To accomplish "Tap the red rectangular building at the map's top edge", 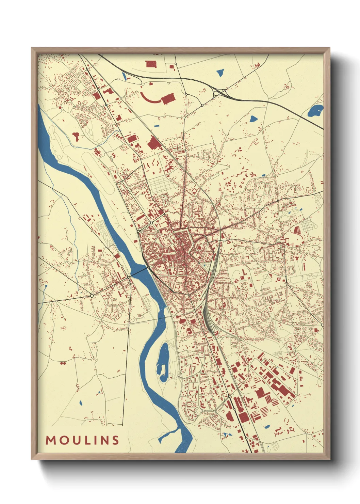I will [x=151, y=64].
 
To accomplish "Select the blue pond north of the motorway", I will [x=220, y=72].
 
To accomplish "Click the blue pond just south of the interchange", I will [x=253, y=119].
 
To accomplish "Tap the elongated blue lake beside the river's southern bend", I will [x=163, y=362].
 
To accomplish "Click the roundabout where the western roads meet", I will [x=92, y=296].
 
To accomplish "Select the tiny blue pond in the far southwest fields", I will [x=81, y=403].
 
